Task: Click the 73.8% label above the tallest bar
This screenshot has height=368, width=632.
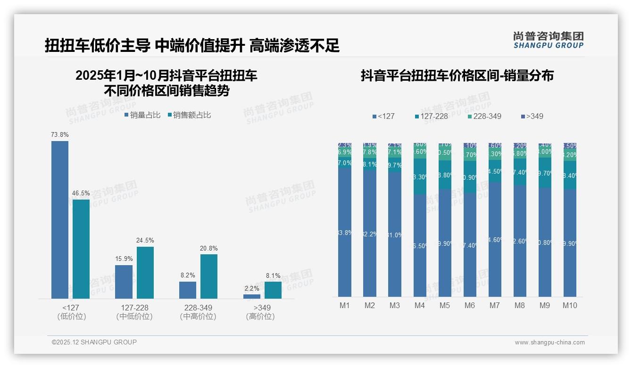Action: [60, 135]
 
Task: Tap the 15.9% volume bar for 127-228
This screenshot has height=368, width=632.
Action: [124, 282]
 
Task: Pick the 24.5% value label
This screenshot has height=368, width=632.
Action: [145, 241]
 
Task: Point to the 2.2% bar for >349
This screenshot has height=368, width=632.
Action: [252, 296]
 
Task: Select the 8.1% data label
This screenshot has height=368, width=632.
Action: [273, 276]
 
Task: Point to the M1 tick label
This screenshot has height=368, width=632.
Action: [345, 306]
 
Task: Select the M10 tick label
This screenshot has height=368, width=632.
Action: [570, 306]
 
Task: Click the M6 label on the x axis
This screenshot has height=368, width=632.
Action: [470, 306]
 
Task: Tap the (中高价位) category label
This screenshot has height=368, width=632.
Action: [198, 317]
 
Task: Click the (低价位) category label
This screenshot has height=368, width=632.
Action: [71, 317]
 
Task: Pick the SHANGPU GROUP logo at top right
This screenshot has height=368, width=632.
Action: [548, 40]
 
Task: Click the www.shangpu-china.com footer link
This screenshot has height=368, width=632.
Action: [549, 343]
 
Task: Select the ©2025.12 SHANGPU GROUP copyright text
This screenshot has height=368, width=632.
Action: [94, 342]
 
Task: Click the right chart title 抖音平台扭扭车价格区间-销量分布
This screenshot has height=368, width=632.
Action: [457, 75]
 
